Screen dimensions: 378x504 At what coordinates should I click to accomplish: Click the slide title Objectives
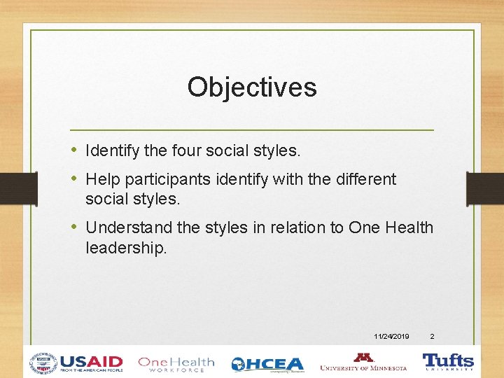252,87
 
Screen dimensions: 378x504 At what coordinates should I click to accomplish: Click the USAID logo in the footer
76,363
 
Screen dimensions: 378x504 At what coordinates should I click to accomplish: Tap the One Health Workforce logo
176,363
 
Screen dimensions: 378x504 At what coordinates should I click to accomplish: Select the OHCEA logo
267,364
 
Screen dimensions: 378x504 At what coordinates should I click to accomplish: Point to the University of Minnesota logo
363,362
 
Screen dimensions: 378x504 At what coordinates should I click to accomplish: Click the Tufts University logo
448,362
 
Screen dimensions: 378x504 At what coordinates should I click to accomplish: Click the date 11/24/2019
392,337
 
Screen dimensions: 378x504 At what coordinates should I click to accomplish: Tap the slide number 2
432,337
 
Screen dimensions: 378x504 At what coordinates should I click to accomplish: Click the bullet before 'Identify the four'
75,150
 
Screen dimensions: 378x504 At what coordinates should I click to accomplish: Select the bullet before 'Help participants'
75,179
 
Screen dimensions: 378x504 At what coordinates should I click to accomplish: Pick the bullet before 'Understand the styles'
75,227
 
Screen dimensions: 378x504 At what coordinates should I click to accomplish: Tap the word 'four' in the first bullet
186,150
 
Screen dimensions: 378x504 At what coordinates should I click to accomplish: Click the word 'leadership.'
126,248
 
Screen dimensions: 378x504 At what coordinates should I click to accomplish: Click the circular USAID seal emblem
43,363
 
